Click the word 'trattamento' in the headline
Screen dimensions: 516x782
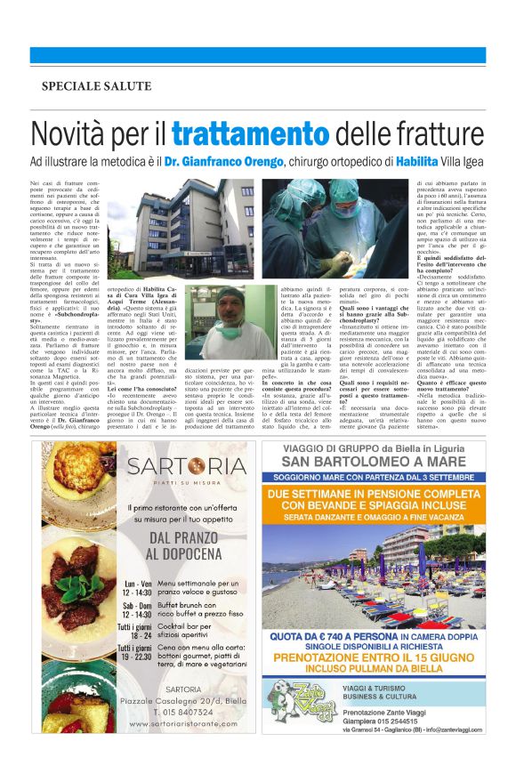238,136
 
